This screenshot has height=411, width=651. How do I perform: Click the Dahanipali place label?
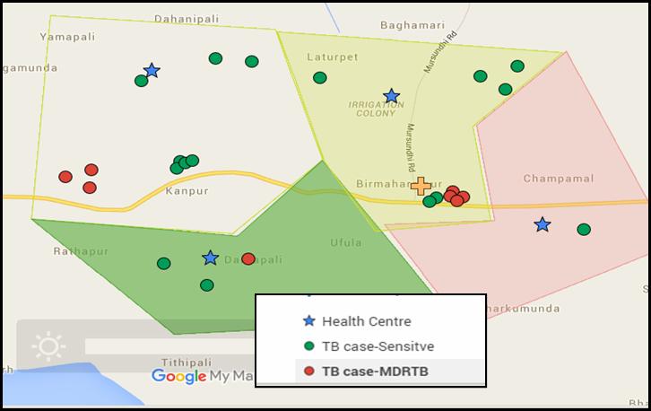coord(187,18)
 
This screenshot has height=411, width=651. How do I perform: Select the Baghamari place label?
coord(412,25)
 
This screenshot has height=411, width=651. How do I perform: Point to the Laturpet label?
coord(332,57)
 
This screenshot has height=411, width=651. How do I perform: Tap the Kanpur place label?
coord(187,191)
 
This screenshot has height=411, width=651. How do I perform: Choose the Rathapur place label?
coord(81,251)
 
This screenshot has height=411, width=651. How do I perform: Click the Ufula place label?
coord(345,242)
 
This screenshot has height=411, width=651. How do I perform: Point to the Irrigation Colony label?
coord(371,109)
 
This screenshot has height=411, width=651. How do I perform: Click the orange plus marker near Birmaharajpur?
coord(421,186)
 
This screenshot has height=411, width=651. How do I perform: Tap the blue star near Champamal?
coord(542,224)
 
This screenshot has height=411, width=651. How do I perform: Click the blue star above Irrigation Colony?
coord(391,96)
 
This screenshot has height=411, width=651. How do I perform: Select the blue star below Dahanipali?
coord(152,70)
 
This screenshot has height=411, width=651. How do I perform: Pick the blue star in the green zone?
coord(210,258)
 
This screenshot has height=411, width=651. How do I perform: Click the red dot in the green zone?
coord(248,258)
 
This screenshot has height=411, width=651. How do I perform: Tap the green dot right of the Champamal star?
coord(584,230)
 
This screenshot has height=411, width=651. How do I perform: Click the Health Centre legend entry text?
coord(367,321)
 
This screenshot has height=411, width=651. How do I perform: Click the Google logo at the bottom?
coord(178,377)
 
